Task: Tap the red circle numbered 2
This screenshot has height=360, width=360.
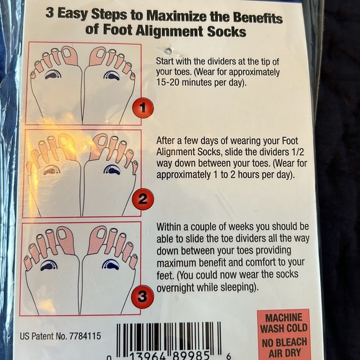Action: tap(143, 200)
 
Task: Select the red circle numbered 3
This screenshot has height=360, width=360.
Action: tap(142, 296)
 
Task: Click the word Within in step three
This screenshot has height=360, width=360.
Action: tap(171, 227)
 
